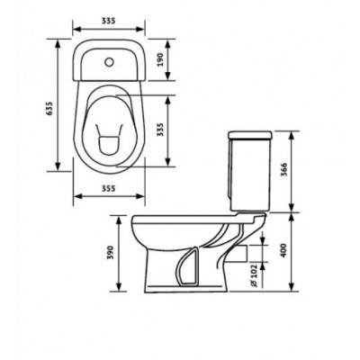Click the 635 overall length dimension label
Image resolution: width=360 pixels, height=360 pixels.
coord(49,108)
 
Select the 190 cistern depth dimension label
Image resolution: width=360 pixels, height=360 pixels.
coord(160,59)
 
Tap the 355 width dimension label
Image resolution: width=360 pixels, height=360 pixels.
coord(108,188)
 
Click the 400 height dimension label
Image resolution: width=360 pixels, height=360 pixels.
coord(283,250)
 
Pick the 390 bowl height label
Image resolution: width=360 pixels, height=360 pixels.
coord(111,253)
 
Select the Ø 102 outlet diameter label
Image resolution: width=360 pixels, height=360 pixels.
coord(255,275)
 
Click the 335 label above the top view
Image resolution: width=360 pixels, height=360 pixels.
coord(108,21)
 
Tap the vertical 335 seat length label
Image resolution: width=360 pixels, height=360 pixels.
coord(160,130)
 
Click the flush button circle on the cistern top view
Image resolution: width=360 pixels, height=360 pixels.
coord(110,62)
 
